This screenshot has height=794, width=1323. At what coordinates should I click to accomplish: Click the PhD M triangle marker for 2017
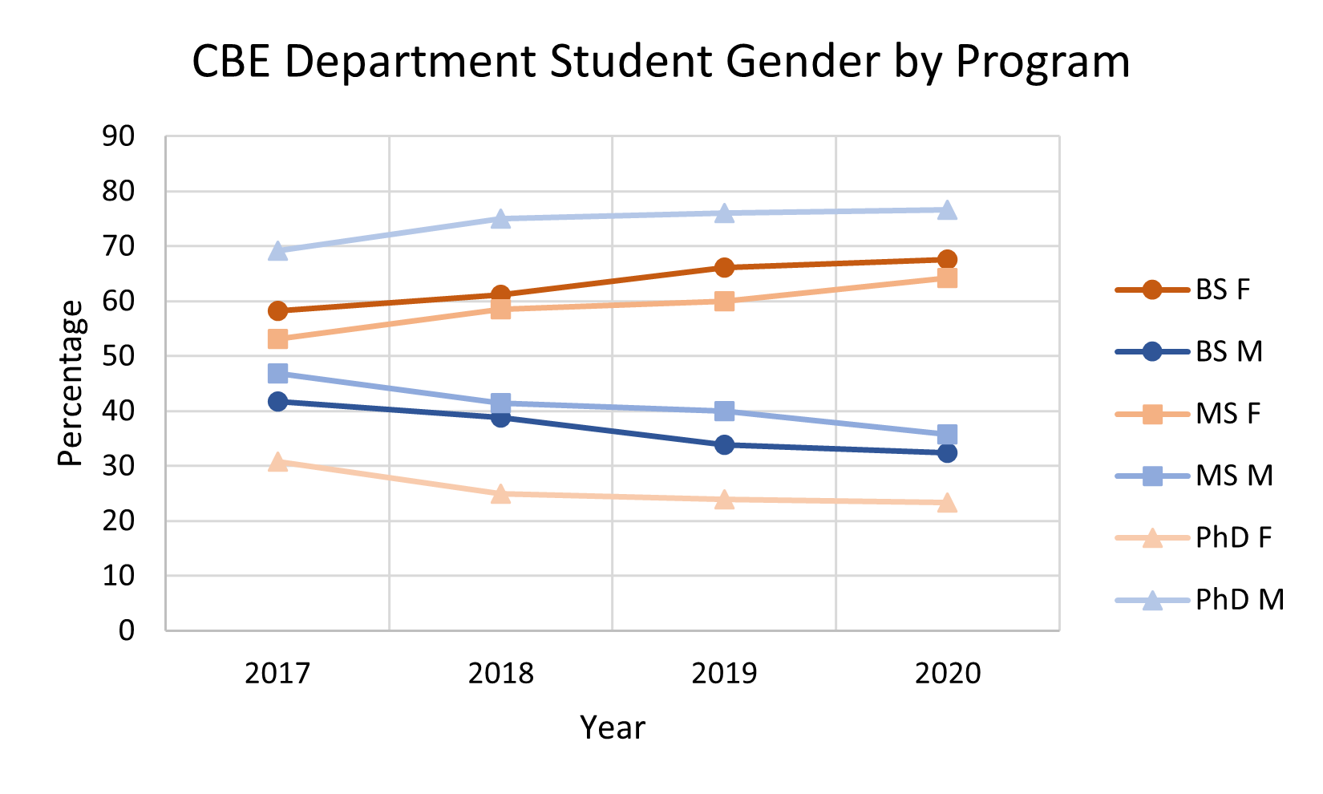pyautogui.click(x=277, y=251)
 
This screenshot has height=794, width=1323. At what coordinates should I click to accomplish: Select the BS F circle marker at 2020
pyautogui.click(x=947, y=259)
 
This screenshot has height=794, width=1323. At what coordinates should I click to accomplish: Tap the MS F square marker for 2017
pyautogui.click(x=277, y=339)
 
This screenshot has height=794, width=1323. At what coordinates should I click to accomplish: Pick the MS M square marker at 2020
pyautogui.click(x=947, y=435)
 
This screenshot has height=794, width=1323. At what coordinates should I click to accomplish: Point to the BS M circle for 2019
pyautogui.click(x=724, y=444)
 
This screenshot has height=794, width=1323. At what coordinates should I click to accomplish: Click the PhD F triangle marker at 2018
pyautogui.click(x=501, y=494)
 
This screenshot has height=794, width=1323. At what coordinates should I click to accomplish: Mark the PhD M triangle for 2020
pyautogui.click(x=947, y=210)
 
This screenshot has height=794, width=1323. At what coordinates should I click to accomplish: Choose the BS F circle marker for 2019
pyautogui.click(x=724, y=267)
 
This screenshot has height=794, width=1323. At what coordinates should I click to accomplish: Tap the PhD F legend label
pyautogui.click(x=1233, y=537)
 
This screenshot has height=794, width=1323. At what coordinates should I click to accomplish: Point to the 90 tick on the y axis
pyautogui.click(x=119, y=137)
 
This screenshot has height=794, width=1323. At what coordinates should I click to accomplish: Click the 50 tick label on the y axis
pyautogui.click(x=119, y=356)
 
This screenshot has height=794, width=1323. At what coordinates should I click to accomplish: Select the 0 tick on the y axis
pyautogui.click(x=127, y=630)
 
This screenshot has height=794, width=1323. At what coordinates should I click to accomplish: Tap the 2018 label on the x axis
pyautogui.click(x=501, y=673)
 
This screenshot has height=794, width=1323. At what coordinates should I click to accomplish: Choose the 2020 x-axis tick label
pyautogui.click(x=947, y=673)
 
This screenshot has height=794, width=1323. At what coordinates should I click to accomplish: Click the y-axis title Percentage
pyautogui.click(x=71, y=383)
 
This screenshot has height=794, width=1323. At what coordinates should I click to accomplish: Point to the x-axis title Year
pyautogui.click(x=613, y=727)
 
